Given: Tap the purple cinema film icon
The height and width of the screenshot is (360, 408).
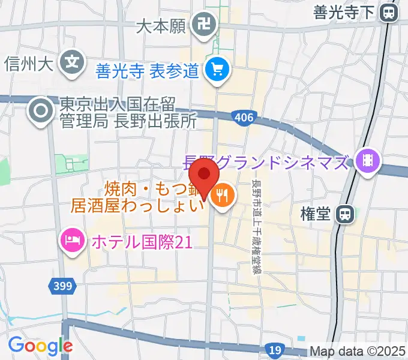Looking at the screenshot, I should coord(367,160).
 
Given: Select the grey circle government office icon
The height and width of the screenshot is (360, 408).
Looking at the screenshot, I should coord(41,110).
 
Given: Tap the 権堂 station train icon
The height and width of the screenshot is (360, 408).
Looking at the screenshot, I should coord(344,214).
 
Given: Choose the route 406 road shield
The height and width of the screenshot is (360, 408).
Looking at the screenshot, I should coord(244,118).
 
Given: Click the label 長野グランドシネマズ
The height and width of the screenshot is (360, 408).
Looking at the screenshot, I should coord(266,162).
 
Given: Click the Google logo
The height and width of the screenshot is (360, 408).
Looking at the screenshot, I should coord(40,346).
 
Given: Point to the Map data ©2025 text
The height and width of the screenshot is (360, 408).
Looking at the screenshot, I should coord(358,352).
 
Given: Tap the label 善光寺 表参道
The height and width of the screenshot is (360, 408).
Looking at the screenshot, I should coord(147,71).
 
